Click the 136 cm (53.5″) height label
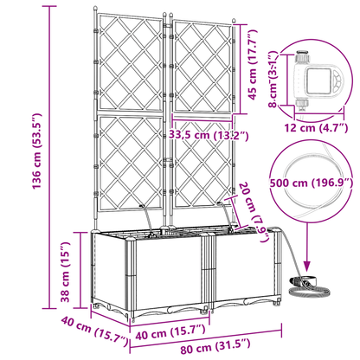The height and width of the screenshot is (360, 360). pos(36,151)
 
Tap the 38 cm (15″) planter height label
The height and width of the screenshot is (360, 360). pos(65,272)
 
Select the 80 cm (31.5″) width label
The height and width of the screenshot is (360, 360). pos(215,346)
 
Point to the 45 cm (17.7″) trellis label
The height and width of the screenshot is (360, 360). pos(252,65)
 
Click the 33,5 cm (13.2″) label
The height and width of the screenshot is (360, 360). pos(209,135)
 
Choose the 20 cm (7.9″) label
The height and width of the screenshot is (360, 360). pos(255,211)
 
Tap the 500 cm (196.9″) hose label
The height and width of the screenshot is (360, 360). pos(311,183)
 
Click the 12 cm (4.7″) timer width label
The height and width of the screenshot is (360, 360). pos(316,127)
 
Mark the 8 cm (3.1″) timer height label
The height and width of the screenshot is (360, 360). pos(273,79)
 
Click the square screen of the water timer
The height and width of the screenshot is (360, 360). pos(319,81)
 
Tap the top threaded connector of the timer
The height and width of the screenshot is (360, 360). pos(302,58)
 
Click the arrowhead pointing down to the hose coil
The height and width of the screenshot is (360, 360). pos(307,265)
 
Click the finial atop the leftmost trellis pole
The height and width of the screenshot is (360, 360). pos(95,10)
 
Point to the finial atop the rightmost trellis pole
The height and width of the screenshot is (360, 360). pos(234,22)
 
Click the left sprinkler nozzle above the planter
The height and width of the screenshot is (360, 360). pos(143,206)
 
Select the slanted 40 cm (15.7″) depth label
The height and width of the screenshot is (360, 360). pos(94,331)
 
